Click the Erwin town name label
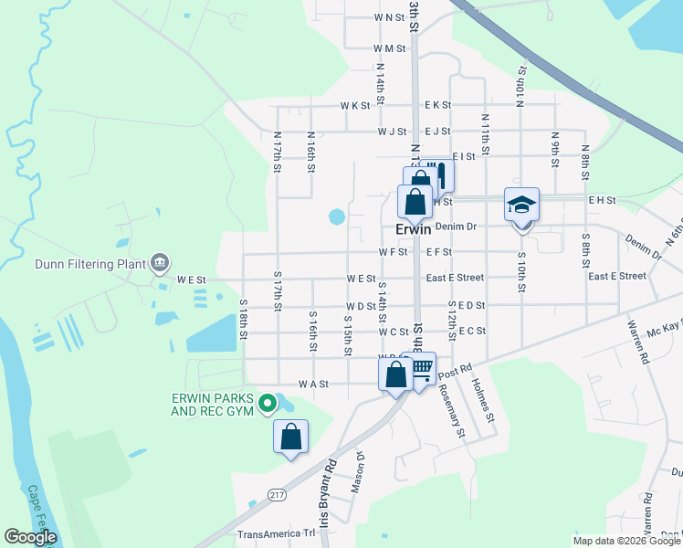pos(414,229)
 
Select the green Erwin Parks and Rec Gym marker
pos(267,402)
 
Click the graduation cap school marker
pos(522,205)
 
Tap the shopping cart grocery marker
pos(421,369)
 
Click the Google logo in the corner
pos(30,537)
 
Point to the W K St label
pos(355,105)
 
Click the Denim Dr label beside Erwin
pos(457,226)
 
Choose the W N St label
pos(389,17)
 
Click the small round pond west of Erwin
pos(337,216)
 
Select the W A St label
pos(313,385)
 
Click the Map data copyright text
pos(627,541)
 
